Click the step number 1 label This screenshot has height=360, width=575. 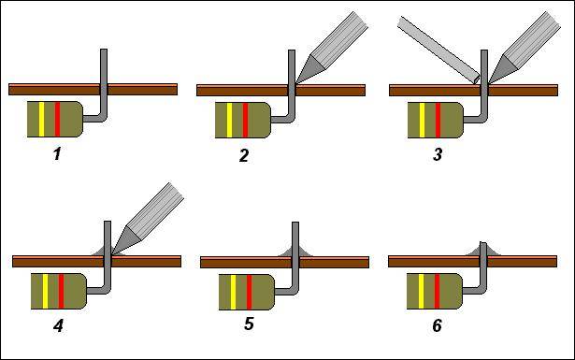point(57,154)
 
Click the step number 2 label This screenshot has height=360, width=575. point(244,155)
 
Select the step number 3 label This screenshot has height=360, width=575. point(438,154)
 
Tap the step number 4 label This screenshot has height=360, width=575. point(58,325)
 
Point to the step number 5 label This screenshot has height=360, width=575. point(249,324)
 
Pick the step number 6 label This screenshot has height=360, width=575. point(437,325)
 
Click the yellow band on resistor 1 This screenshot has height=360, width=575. point(41,119)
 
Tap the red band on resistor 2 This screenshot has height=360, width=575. point(245,121)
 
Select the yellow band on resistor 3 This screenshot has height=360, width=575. point(422,121)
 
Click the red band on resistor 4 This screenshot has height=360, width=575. point(62,291)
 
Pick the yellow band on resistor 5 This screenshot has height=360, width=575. point(233,292)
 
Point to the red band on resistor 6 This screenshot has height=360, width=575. point(437,291)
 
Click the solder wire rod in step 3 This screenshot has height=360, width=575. point(438,50)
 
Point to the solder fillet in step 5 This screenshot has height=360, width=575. point(295,252)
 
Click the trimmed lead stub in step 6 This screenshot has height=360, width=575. point(483,249)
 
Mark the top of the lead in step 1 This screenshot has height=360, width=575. point(104,50)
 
